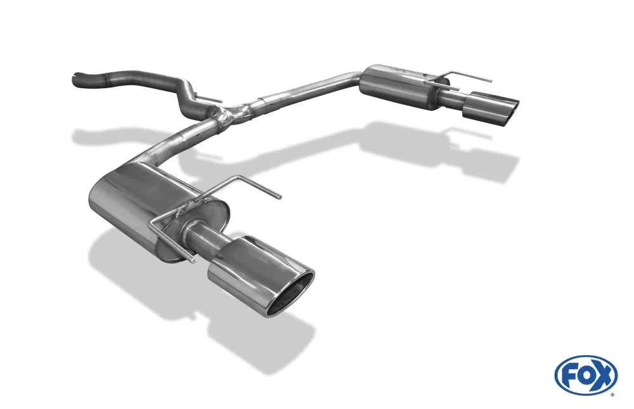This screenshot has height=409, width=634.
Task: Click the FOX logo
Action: point(586,375)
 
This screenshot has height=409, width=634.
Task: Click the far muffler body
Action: point(400,86)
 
